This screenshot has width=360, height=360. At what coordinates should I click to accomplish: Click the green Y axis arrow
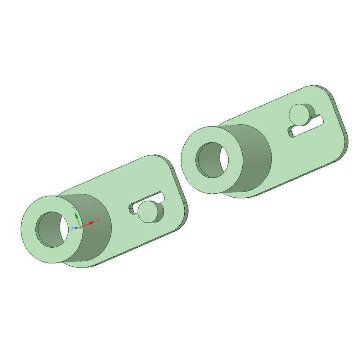[x=77, y=219]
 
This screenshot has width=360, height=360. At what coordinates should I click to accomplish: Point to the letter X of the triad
[x=99, y=220]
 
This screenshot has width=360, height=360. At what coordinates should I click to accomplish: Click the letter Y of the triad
[x=73, y=208]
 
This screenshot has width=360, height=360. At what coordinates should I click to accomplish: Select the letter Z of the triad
[x=72, y=228]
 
